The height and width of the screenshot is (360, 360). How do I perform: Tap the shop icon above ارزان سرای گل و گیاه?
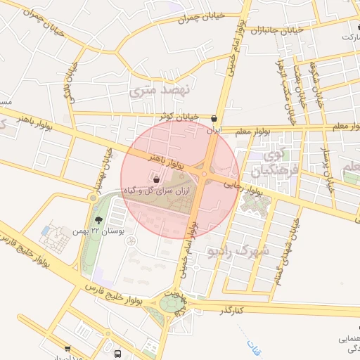click(155, 179)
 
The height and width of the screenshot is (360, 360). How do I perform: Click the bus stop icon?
click(117, 354)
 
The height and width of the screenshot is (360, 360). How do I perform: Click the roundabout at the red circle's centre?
click(204, 174)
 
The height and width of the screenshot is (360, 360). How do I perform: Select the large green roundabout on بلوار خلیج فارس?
click(171, 304)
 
